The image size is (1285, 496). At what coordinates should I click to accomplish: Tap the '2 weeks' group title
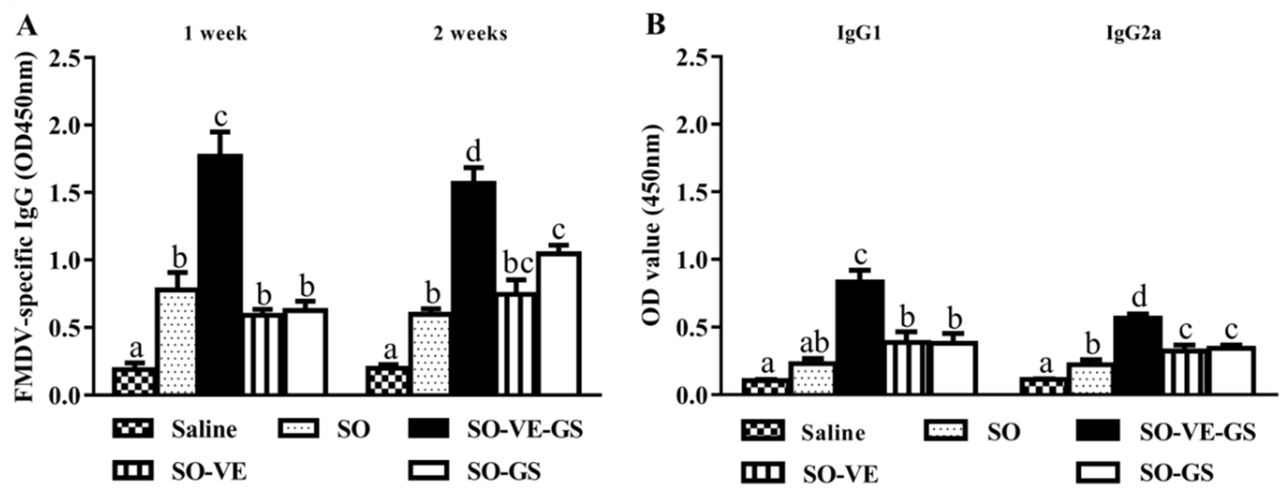[469, 34]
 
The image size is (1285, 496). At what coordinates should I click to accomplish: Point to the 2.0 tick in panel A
[67, 124]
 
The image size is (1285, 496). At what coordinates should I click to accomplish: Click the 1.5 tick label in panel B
[694, 192]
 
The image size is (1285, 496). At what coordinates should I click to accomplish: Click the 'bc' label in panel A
[517, 263]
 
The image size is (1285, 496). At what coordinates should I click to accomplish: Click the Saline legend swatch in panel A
[132, 429]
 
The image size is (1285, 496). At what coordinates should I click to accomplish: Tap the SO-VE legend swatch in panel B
[762, 472]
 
